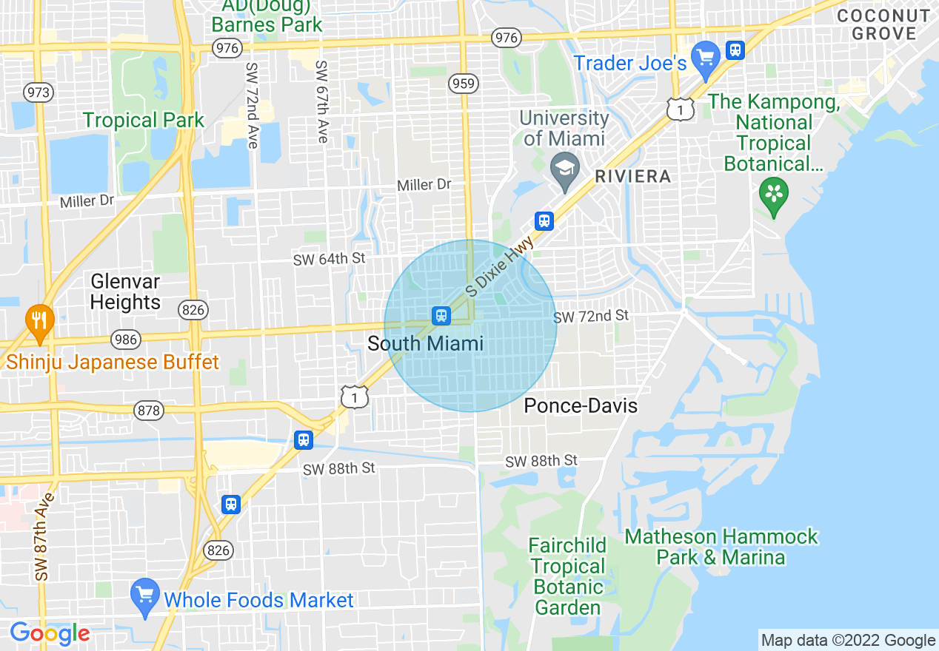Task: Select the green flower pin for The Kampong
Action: tap(773, 195)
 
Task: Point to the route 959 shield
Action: tap(463, 84)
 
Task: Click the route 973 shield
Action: tap(37, 92)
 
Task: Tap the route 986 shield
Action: tap(125, 340)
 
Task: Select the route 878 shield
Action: tap(149, 411)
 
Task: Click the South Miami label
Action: tap(425, 343)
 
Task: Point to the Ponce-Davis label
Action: tap(581, 405)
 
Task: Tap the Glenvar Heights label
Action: tap(125, 291)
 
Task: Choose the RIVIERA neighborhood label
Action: tap(632, 176)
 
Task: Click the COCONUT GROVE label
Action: tap(883, 24)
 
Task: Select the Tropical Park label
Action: tap(144, 120)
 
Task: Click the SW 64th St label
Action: tap(330, 259)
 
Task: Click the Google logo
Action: tap(50, 633)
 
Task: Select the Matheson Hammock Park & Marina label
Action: tap(721, 546)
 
